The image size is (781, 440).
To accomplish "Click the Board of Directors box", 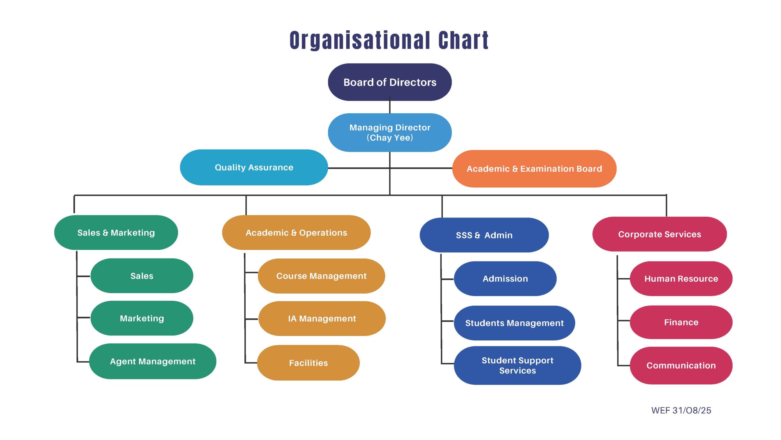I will click(390, 82).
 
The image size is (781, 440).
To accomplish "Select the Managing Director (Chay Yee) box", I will click(390, 132).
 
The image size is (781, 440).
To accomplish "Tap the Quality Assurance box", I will click(254, 167).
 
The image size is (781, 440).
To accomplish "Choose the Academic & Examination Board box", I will click(534, 169).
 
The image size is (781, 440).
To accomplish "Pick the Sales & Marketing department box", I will click(116, 233).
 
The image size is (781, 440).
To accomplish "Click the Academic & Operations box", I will click(296, 233).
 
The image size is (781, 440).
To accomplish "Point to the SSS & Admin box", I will click(484, 235).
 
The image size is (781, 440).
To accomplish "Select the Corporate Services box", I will click(659, 234).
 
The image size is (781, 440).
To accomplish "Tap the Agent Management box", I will click(153, 361).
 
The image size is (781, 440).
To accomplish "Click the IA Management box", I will click(322, 318).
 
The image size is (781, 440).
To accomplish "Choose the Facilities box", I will click(308, 363).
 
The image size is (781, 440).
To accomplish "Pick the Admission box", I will click(505, 279).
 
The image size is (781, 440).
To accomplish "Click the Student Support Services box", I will click(517, 365).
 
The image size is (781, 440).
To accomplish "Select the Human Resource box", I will click(681, 279).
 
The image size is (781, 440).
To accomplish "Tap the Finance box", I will click(681, 322).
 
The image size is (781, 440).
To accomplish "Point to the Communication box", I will click(681, 365).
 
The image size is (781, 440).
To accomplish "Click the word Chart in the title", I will click(463, 40).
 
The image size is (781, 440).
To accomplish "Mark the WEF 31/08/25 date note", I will click(681, 410).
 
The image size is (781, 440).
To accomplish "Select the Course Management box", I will click(321, 276).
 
